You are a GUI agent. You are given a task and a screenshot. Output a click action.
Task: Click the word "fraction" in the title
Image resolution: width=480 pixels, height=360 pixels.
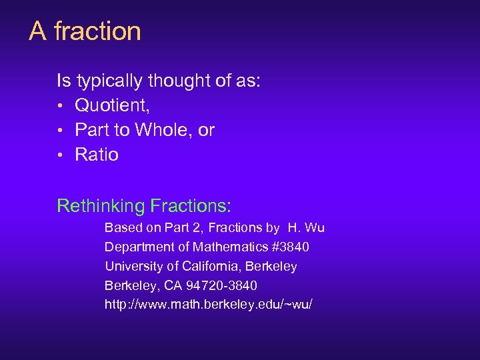click(x=97, y=31)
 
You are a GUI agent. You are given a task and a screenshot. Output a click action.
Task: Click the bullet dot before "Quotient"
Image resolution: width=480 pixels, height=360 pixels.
click(x=60, y=106)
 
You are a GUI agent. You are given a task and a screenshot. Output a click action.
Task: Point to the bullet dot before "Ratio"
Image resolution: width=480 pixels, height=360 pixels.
click(x=60, y=155)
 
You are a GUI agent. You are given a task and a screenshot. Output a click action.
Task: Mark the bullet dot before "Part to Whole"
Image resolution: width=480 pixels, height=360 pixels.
click(x=60, y=131)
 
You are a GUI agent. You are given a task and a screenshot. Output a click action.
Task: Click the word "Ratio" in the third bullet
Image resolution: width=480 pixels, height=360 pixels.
click(x=97, y=155)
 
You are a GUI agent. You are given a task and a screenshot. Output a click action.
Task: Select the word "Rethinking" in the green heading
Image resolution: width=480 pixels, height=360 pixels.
click(x=101, y=205)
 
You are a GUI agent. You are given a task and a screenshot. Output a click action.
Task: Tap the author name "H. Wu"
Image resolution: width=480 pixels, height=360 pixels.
click(x=306, y=228)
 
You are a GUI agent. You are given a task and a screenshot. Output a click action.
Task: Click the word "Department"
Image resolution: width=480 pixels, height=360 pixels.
click(x=135, y=247)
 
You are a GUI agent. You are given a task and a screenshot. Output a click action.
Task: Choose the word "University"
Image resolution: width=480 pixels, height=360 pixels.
click(x=131, y=267)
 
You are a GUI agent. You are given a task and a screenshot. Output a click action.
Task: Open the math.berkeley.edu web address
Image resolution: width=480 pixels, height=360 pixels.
click(x=208, y=305)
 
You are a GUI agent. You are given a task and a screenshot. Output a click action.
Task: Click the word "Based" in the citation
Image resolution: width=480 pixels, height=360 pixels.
click(x=121, y=228)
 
